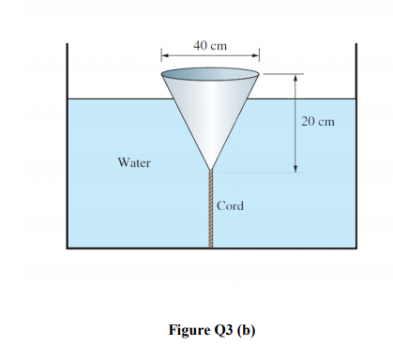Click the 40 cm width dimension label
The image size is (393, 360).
pyautogui.click(x=210, y=45)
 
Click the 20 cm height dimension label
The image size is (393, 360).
pyautogui.click(x=318, y=122)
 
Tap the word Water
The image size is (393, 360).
pyautogui.click(x=134, y=162)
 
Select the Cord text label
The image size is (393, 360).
pyautogui.click(x=230, y=204)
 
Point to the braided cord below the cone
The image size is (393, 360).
pyautogui.click(x=211, y=211)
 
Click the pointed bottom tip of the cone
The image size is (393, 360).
pyautogui.click(x=211, y=170)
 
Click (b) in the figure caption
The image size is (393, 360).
pyautogui.click(x=246, y=330)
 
